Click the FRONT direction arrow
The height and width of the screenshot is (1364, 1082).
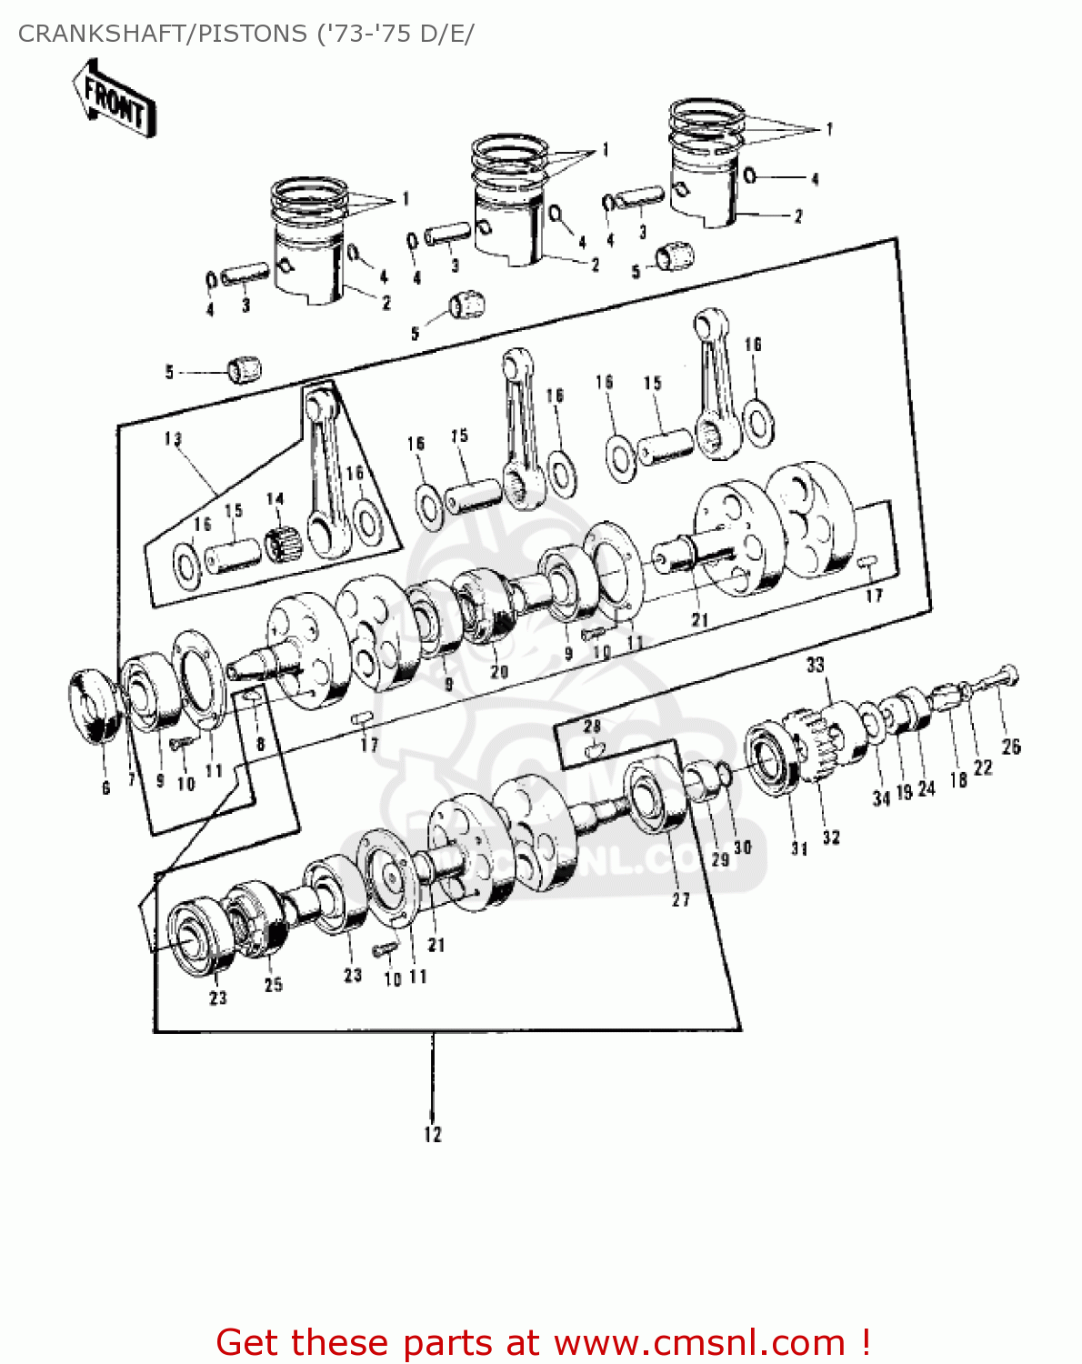[114, 100]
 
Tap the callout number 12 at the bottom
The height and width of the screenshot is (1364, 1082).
[433, 1134]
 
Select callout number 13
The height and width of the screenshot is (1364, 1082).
[173, 439]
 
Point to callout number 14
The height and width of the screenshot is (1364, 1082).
[275, 498]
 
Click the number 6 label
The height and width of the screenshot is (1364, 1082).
[105, 787]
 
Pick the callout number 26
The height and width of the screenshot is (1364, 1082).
[1011, 747]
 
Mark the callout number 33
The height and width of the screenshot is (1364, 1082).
[815, 665]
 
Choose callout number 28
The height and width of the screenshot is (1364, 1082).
[592, 726]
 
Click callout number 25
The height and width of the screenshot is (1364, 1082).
[273, 984]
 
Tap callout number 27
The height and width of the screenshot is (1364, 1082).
[680, 899]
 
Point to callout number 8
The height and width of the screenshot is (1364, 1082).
[261, 743]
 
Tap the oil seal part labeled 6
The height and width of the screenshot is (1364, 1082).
[95, 706]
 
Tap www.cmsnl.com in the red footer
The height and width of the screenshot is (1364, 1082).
[699, 1342]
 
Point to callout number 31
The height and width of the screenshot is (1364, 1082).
[798, 848]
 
